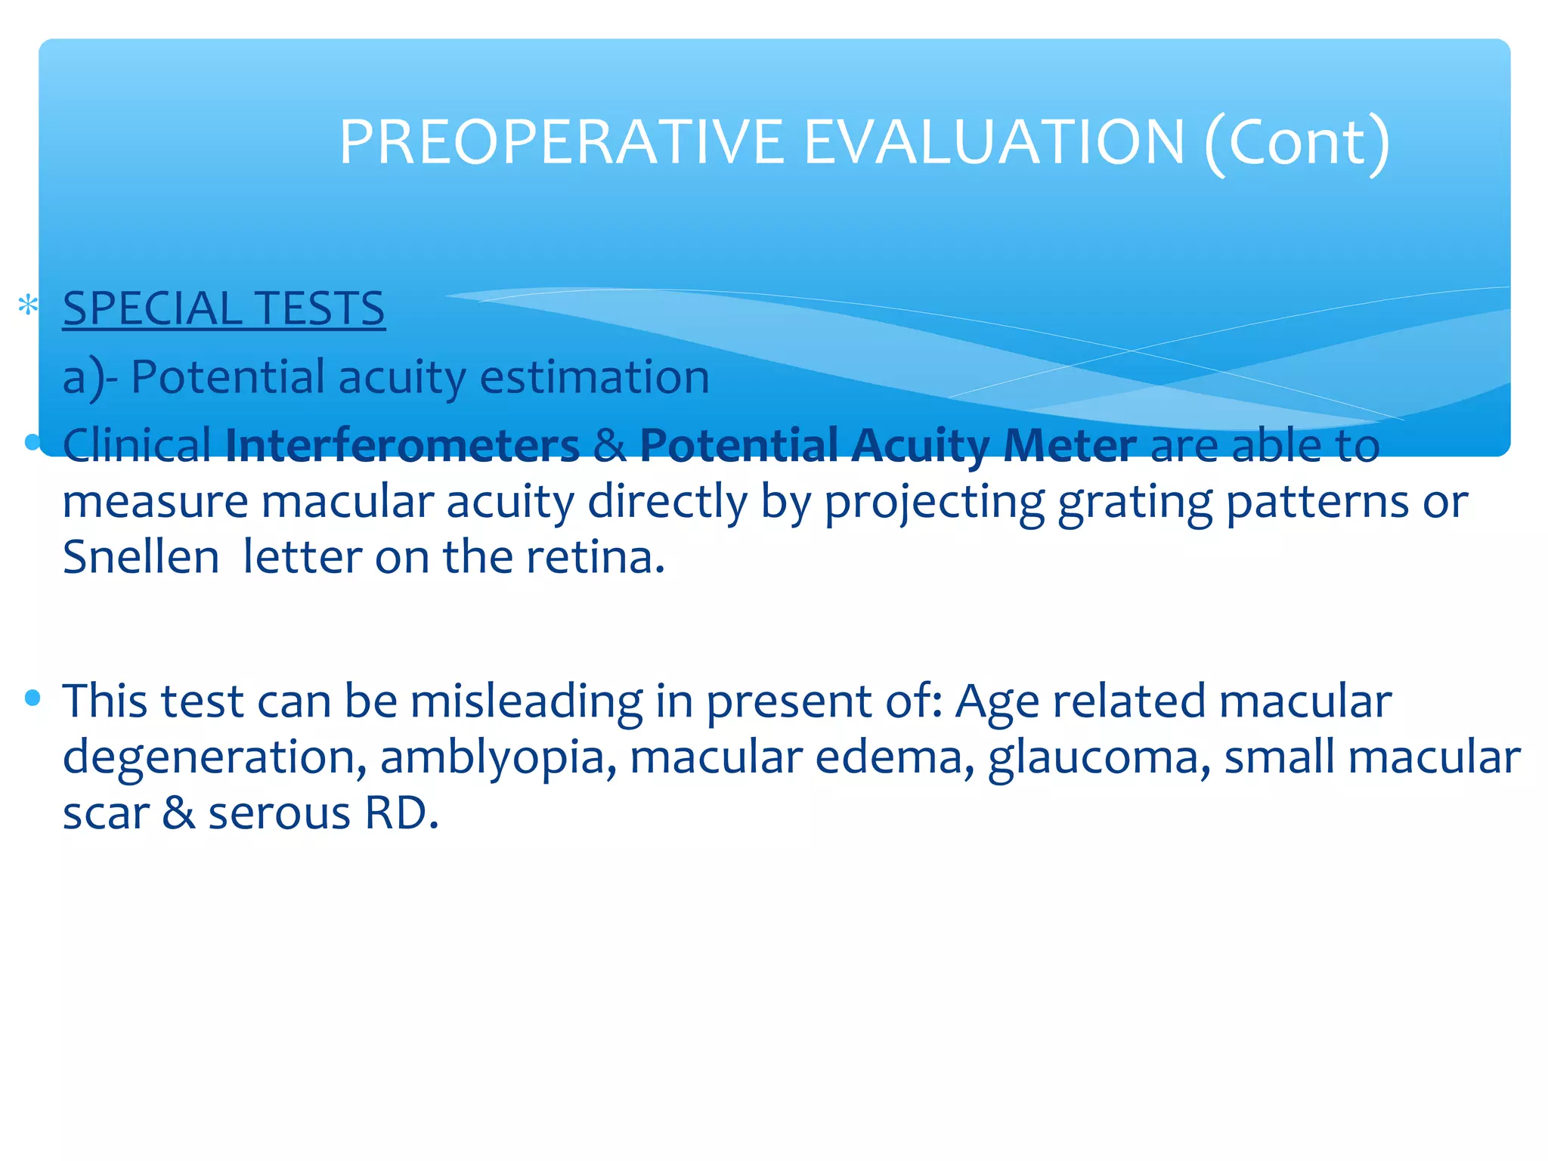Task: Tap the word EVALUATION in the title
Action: click(994, 142)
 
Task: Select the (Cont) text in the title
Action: click(1297, 142)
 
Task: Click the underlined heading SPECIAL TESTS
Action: click(224, 309)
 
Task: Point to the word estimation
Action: click(595, 377)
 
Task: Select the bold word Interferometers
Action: click(402, 445)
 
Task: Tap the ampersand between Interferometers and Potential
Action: click(609, 446)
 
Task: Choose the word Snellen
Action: click(141, 558)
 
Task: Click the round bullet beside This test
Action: click(32, 698)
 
